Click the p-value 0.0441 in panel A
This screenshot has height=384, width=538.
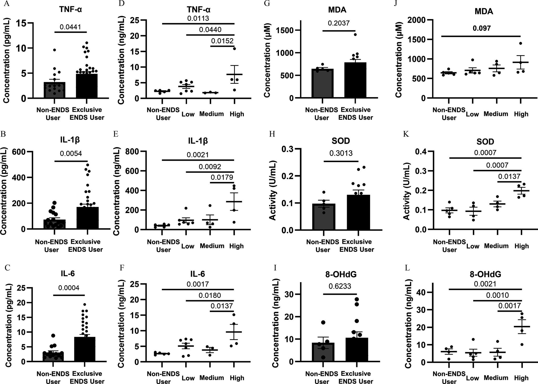click(x=70, y=27)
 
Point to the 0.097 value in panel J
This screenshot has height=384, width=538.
click(x=482, y=28)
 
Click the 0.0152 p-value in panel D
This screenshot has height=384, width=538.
click(x=222, y=41)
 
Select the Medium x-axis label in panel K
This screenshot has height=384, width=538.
click(x=496, y=246)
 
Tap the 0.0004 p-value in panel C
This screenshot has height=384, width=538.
click(x=69, y=288)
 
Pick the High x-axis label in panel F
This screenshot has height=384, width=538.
click(x=237, y=378)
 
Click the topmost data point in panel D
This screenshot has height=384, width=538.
click(x=234, y=49)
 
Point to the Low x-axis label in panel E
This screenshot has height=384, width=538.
click(x=188, y=246)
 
